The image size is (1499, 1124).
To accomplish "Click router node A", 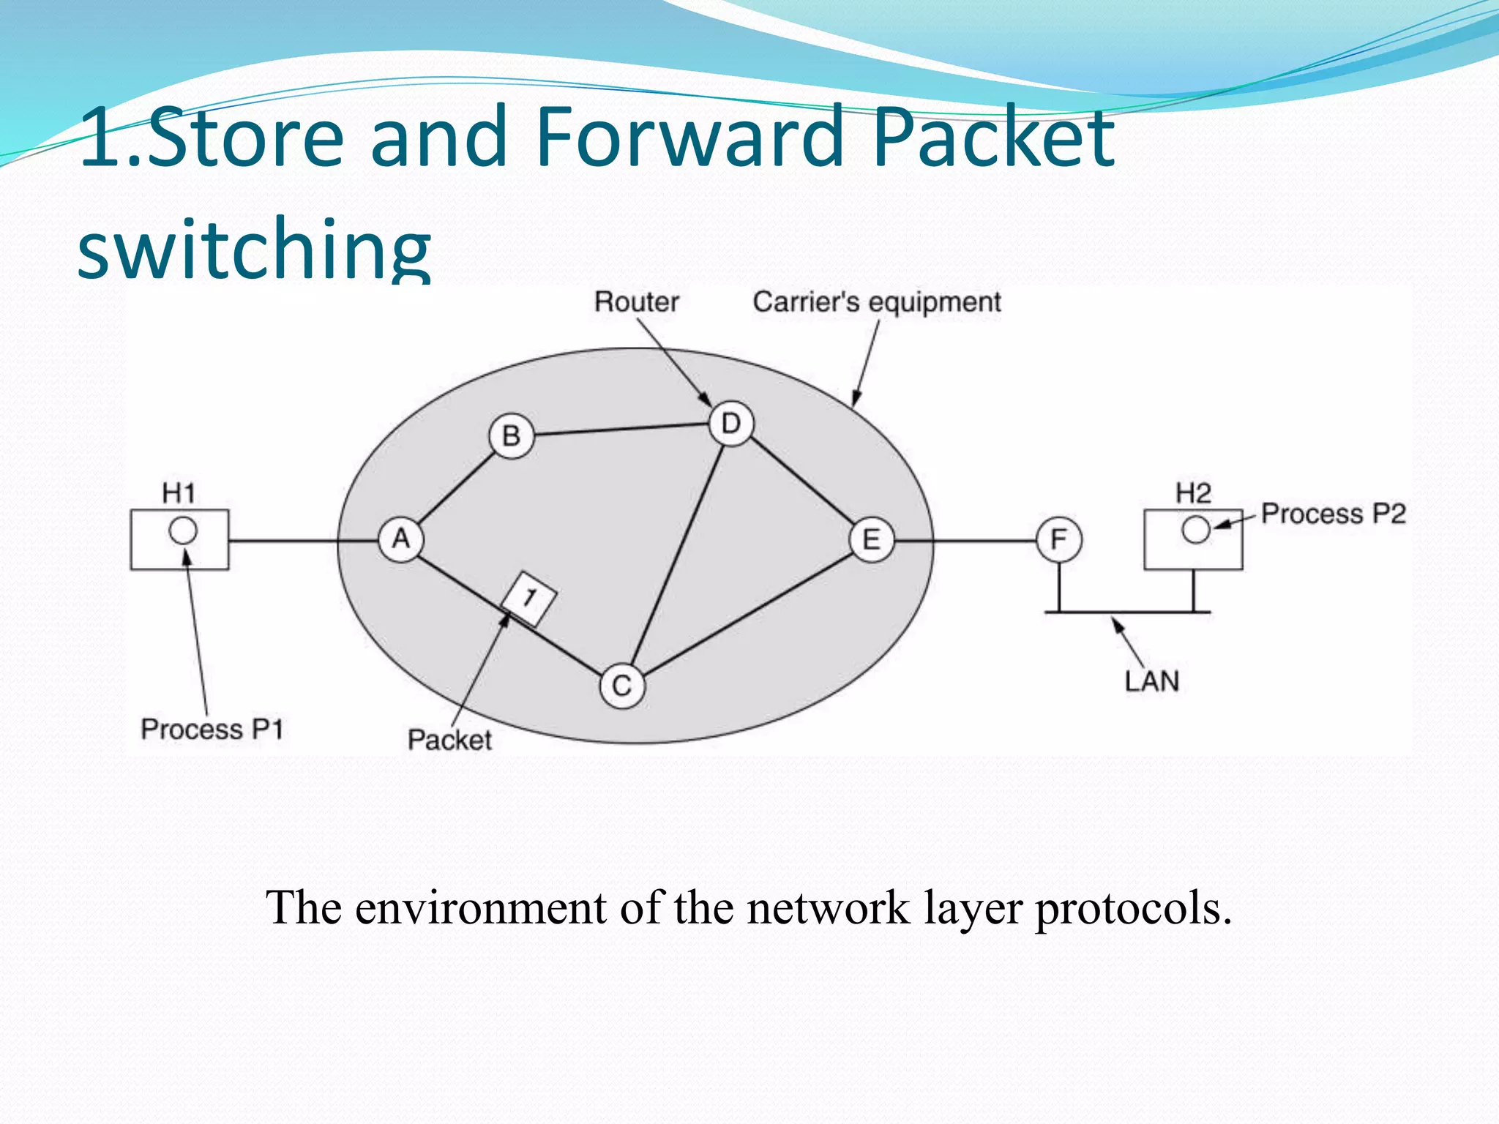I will (x=400, y=540).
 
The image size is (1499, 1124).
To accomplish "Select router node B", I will (x=511, y=436).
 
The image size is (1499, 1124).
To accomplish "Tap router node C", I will (x=621, y=686).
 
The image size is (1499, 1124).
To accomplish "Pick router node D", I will (x=730, y=424).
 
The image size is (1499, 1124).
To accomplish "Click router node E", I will (x=871, y=540).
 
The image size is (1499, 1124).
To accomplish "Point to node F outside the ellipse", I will (x=1058, y=540).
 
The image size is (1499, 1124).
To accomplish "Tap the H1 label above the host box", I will (x=179, y=493).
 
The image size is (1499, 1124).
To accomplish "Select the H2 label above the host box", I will (x=1193, y=493).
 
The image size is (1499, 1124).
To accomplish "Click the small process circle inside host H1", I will (x=183, y=531).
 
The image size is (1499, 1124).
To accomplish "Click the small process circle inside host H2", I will (x=1195, y=530).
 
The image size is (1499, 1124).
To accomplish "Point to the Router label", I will (x=636, y=302).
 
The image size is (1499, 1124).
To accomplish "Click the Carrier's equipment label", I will (x=876, y=302).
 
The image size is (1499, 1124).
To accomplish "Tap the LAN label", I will (x=1151, y=682).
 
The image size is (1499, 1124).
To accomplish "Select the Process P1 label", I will (x=212, y=730).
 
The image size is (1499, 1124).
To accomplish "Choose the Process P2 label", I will (x=1333, y=514).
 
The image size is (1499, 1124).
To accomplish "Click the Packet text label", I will (x=449, y=740).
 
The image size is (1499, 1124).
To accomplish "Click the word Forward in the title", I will (x=689, y=138).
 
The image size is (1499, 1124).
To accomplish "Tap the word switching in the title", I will (x=254, y=249).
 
